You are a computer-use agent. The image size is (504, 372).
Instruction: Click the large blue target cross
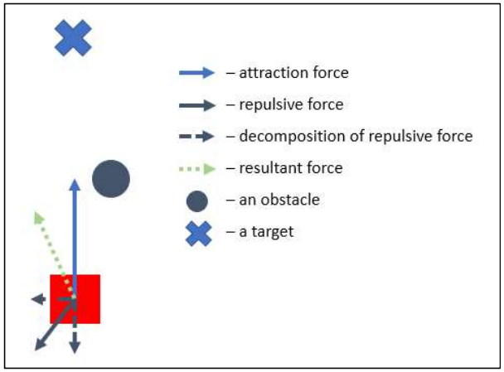tap(73, 38)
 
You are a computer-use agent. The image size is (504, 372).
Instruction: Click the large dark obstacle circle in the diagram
tap(111, 179)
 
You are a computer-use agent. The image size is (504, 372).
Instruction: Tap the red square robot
tap(86, 298)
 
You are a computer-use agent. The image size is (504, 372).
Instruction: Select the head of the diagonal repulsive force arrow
tap(38, 347)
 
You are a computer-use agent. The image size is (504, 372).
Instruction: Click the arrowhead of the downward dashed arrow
tap(74, 348)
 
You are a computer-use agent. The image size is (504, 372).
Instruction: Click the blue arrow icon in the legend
tap(196, 73)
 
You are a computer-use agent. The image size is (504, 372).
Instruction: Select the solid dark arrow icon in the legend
tap(196, 105)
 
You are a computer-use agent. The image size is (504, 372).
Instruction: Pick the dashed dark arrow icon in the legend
tap(196, 137)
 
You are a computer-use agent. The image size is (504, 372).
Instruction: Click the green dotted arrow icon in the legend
tap(196, 168)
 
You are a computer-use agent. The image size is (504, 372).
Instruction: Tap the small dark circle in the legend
tap(196, 200)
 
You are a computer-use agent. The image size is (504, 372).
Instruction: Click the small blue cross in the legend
tap(197, 233)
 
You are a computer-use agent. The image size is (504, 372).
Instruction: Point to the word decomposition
tap(285, 136)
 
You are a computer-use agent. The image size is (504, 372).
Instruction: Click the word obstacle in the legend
tap(291, 200)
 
